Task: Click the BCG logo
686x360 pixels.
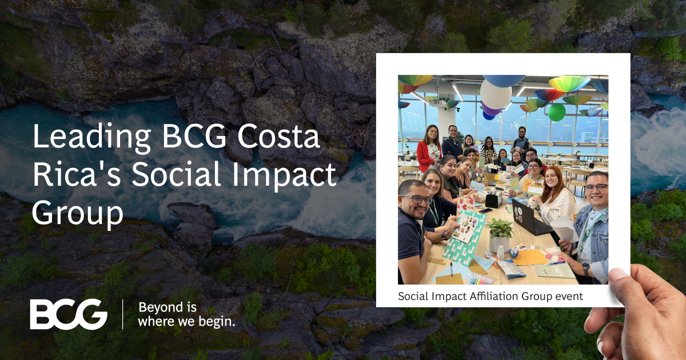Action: click(x=69, y=314)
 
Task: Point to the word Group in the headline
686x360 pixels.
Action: click(x=77, y=213)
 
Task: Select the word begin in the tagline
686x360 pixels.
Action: click(x=216, y=321)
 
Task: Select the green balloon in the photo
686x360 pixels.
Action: click(x=556, y=112)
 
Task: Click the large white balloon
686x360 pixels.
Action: click(x=495, y=94)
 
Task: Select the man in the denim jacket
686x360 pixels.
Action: click(x=589, y=226)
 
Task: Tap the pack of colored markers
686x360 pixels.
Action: click(x=480, y=278)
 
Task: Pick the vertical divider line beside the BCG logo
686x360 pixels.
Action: click(x=123, y=314)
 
